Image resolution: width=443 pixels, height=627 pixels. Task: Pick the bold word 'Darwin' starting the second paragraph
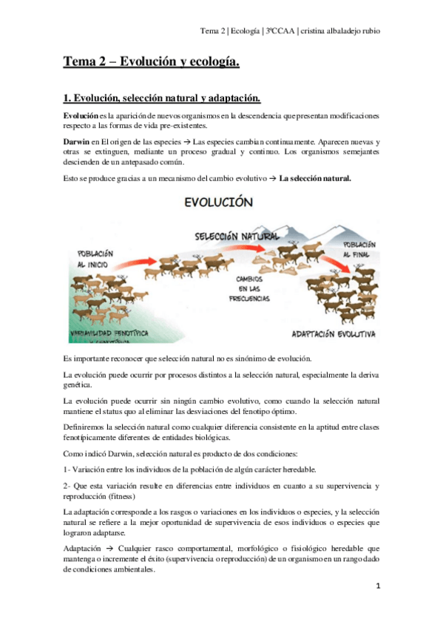(78, 141)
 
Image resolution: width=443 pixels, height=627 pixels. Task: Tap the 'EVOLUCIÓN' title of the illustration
(219, 201)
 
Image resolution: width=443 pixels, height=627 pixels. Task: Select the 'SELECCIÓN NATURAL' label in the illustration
(237, 236)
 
